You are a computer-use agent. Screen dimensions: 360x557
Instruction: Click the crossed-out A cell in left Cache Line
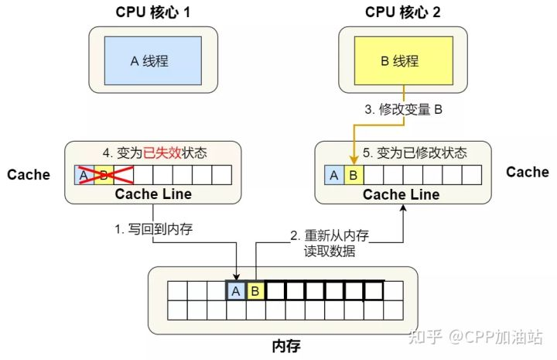83,174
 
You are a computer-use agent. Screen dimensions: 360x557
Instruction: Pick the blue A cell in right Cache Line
333,175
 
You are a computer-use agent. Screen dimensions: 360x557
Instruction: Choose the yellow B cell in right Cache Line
354,175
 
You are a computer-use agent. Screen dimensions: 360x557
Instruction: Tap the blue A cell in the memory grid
235,291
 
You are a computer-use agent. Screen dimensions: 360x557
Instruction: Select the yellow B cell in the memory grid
255,291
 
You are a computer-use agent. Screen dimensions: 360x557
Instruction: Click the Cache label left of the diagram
29,174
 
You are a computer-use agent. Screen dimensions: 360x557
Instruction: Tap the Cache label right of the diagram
528,172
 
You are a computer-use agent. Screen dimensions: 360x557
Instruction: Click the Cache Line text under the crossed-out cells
152,194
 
